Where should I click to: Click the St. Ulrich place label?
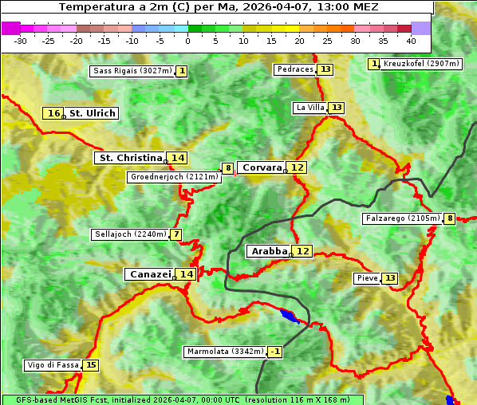pos(92,113)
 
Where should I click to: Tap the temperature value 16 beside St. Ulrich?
pos(53,113)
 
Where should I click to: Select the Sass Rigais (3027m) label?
pos(132,71)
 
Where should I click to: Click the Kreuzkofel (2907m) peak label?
pos(420,64)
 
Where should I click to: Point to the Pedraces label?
pos(295,69)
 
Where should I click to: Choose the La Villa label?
pos(309,108)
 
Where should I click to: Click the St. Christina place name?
pos(130,158)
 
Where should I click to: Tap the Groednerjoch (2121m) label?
pos(174,177)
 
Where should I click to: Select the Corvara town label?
pos(262,167)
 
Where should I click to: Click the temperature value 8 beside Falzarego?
pos(450,218)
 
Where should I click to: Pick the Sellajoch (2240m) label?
pos(130,234)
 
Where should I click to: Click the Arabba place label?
pos(268,251)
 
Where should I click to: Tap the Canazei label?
pos(150,274)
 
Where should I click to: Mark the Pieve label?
pos(367,278)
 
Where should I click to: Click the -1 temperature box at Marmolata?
pos(275,352)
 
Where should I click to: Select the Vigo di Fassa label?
pos(53,365)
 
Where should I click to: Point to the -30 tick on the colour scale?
pos(21,41)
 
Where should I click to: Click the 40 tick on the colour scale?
pos(411,41)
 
